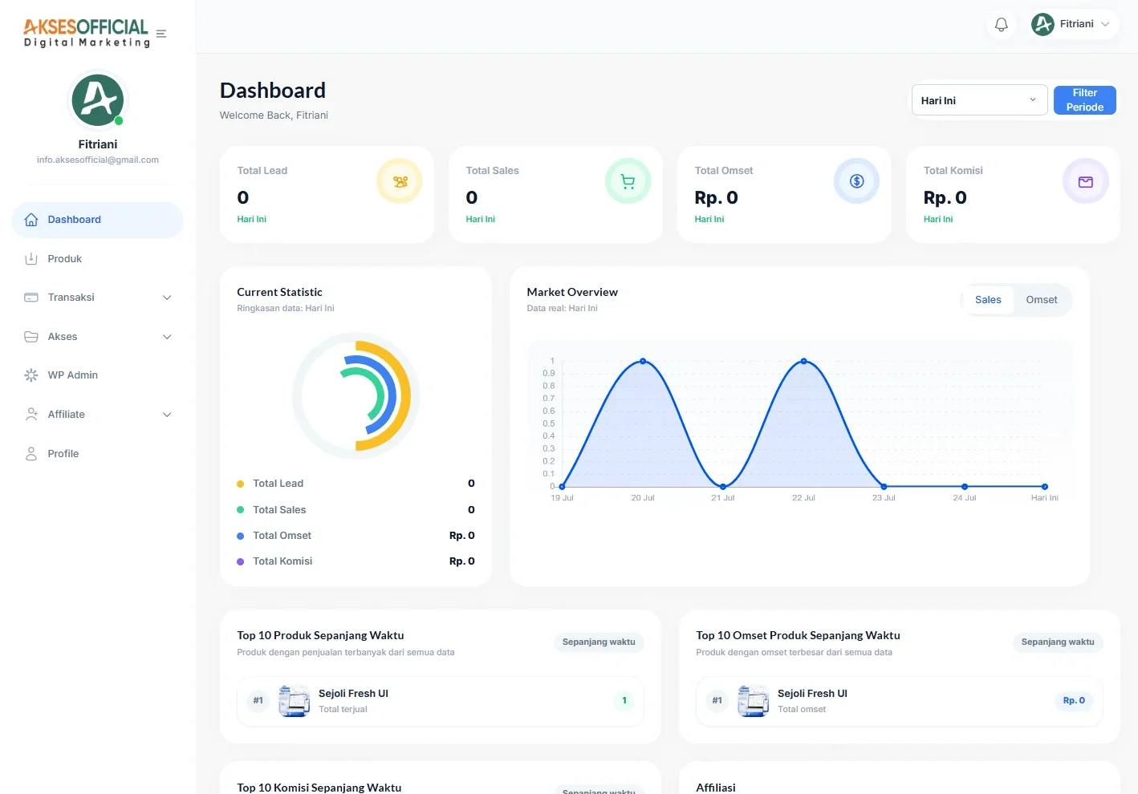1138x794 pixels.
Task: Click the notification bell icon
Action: pyautogui.click(x=1001, y=24)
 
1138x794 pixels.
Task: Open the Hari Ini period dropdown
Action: pyautogui.click(x=979, y=100)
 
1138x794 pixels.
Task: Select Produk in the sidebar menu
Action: pyautogui.click(x=64, y=258)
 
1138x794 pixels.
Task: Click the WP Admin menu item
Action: pyautogui.click(x=73, y=375)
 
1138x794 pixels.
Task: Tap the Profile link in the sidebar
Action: pyautogui.click(x=63, y=453)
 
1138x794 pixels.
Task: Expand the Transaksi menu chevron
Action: pyautogui.click(x=167, y=298)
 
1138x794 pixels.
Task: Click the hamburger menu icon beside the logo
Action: pyautogui.click(x=161, y=34)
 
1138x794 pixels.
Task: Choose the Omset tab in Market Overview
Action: pyautogui.click(x=1041, y=299)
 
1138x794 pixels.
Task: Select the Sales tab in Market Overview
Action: pyautogui.click(x=988, y=299)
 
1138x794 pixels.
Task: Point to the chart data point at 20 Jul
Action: pyautogui.click(x=643, y=361)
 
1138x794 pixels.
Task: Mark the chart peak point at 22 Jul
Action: pyautogui.click(x=803, y=361)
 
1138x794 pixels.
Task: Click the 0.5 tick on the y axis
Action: pyautogui.click(x=549, y=423)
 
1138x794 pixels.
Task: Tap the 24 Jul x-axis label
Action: pyautogui.click(x=964, y=497)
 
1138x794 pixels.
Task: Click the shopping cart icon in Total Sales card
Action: pyautogui.click(x=628, y=181)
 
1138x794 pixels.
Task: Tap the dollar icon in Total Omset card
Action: pyautogui.click(x=856, y=181)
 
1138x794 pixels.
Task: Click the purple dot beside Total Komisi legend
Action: pyautogui.click(x=240, y=561)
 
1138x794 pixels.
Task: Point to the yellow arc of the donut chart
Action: pyautogui.click(x=406, y=396)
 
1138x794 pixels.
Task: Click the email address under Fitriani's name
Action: pyautogui.click(x=98, y=160)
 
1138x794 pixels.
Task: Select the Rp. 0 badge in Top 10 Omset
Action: pyautogui.click(x=1074, y=700)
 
